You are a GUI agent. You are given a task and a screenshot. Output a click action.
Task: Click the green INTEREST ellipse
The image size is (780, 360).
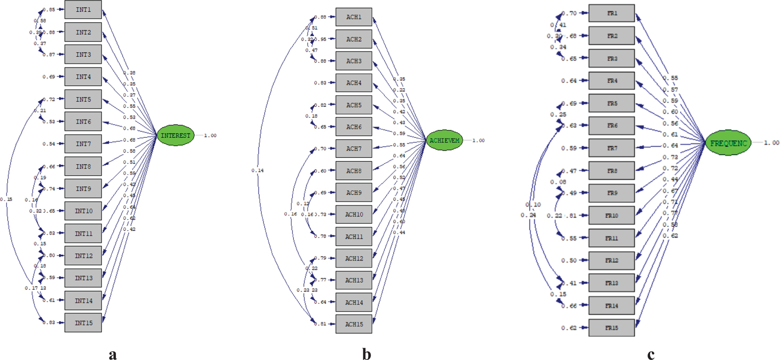(176, 136)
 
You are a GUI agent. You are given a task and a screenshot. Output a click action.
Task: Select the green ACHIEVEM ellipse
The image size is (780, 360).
(444, 140)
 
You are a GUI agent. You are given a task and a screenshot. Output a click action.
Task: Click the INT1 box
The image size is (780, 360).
(83, 10)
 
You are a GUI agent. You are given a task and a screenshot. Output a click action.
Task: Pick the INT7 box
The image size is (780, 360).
(83, 144)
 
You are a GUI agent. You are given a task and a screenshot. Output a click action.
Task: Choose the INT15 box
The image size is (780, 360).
(83, 323)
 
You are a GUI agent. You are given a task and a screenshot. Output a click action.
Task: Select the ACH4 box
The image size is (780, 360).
(354, 83)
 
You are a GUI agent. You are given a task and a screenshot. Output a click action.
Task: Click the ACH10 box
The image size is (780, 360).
(354, 214)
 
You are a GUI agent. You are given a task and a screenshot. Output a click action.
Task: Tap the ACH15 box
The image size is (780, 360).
(354, 324)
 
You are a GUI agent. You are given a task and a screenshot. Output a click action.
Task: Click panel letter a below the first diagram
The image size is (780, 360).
(112, 354)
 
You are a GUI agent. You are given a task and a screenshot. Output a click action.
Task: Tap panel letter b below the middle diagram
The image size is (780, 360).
(366, 354)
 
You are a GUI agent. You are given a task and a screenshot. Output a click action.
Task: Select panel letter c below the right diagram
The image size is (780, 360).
(651, 354)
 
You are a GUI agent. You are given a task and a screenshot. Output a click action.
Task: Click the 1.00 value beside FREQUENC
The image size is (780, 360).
(771, 143)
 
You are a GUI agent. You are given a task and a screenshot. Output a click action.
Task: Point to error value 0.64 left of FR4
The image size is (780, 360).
(568, 81)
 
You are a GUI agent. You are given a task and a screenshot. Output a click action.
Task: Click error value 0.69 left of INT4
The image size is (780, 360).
(49, 77)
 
